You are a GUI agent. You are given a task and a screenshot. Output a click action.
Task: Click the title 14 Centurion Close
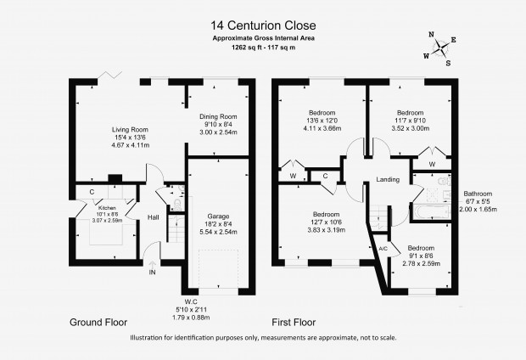pos(263,25)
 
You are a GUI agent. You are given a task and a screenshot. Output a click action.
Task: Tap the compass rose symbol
pos(440,48)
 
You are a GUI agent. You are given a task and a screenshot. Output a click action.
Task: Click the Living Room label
pos(130,130)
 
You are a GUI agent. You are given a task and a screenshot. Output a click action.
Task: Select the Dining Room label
pos(218,117)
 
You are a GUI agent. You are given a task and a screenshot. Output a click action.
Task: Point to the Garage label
pos(218,217)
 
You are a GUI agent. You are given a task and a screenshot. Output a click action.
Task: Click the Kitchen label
pos(107,208)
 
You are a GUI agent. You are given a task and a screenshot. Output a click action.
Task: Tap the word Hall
pos(154,217)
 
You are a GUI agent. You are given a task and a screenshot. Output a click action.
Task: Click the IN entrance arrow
pos(152,265)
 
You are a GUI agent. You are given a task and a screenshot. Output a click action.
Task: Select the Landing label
pos(388,180)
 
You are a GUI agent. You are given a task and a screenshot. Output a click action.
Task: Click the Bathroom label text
pos(478,194)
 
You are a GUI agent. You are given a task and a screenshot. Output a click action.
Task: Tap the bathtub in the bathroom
pos(431,212)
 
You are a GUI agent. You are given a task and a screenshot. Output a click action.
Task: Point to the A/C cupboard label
pos(383,249)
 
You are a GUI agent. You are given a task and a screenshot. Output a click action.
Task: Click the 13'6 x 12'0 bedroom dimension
pos(322,121)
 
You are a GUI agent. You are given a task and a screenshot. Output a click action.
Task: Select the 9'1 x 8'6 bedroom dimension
pos(421,256)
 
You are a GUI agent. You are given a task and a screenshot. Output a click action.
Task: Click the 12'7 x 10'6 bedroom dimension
pos(327,222)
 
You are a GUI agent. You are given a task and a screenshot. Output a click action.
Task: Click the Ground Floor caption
pos(98,323)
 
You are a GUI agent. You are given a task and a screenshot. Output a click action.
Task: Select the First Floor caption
pos(294,323)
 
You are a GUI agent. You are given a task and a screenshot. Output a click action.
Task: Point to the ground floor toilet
pos(177,204)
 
